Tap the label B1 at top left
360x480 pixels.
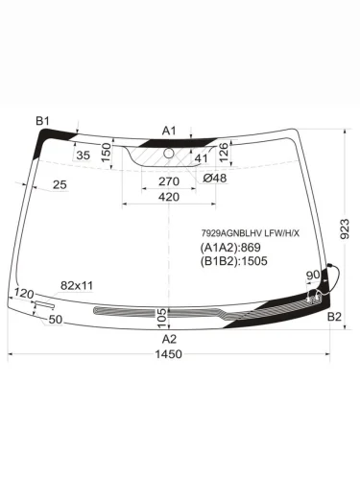click(42, 120)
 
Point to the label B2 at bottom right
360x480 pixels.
click(334, 316)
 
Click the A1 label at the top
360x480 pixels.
click(169, 130)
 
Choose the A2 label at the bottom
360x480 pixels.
click(169, 339)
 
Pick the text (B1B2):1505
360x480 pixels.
click(235, 261)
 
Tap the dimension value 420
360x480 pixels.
click(169, 197)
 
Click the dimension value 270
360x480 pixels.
click(169, 181)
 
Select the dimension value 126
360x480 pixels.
click(223, 151)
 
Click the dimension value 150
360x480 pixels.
click(108, 153)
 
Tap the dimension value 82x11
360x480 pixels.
click(77, 285)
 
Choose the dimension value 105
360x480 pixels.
click(161, 315)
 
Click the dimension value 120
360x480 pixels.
click(25, 293)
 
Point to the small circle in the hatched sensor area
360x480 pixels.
click(169, 153)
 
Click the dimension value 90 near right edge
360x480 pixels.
click(312, 276)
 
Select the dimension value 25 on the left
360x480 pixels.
click(60, 184)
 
